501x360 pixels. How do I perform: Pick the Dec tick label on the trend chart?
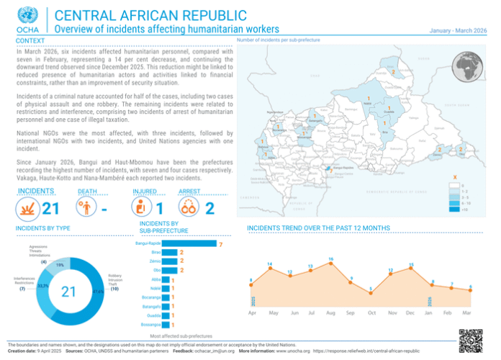tap(410, 313)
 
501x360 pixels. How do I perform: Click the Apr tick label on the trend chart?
tap(252, 313)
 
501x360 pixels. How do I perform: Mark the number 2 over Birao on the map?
tap(393, 73)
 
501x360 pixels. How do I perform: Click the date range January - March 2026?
tap(458, 30)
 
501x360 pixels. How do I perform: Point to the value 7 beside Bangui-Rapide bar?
tap(220, 245)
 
